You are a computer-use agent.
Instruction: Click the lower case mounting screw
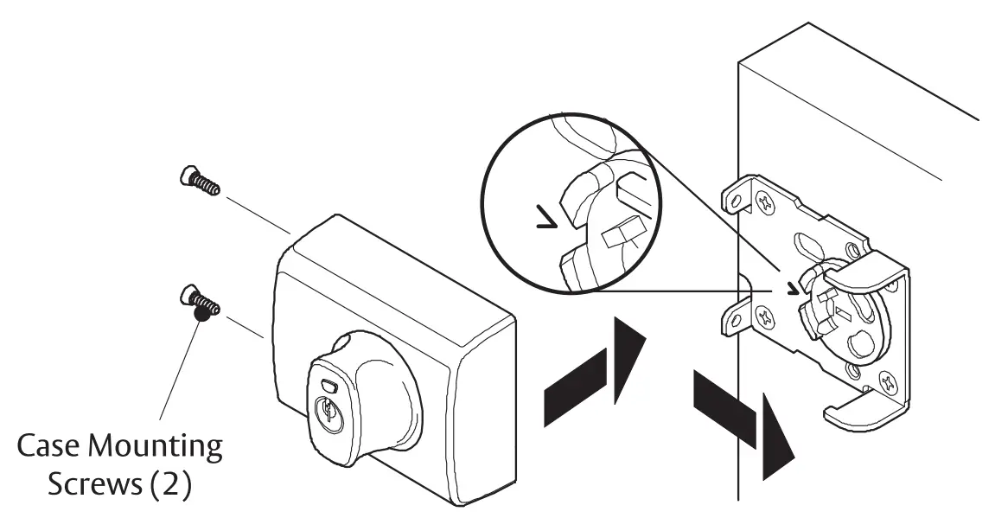point(200,302)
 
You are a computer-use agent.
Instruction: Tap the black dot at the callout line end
point(201,317)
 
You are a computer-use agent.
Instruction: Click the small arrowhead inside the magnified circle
point(544,227)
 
